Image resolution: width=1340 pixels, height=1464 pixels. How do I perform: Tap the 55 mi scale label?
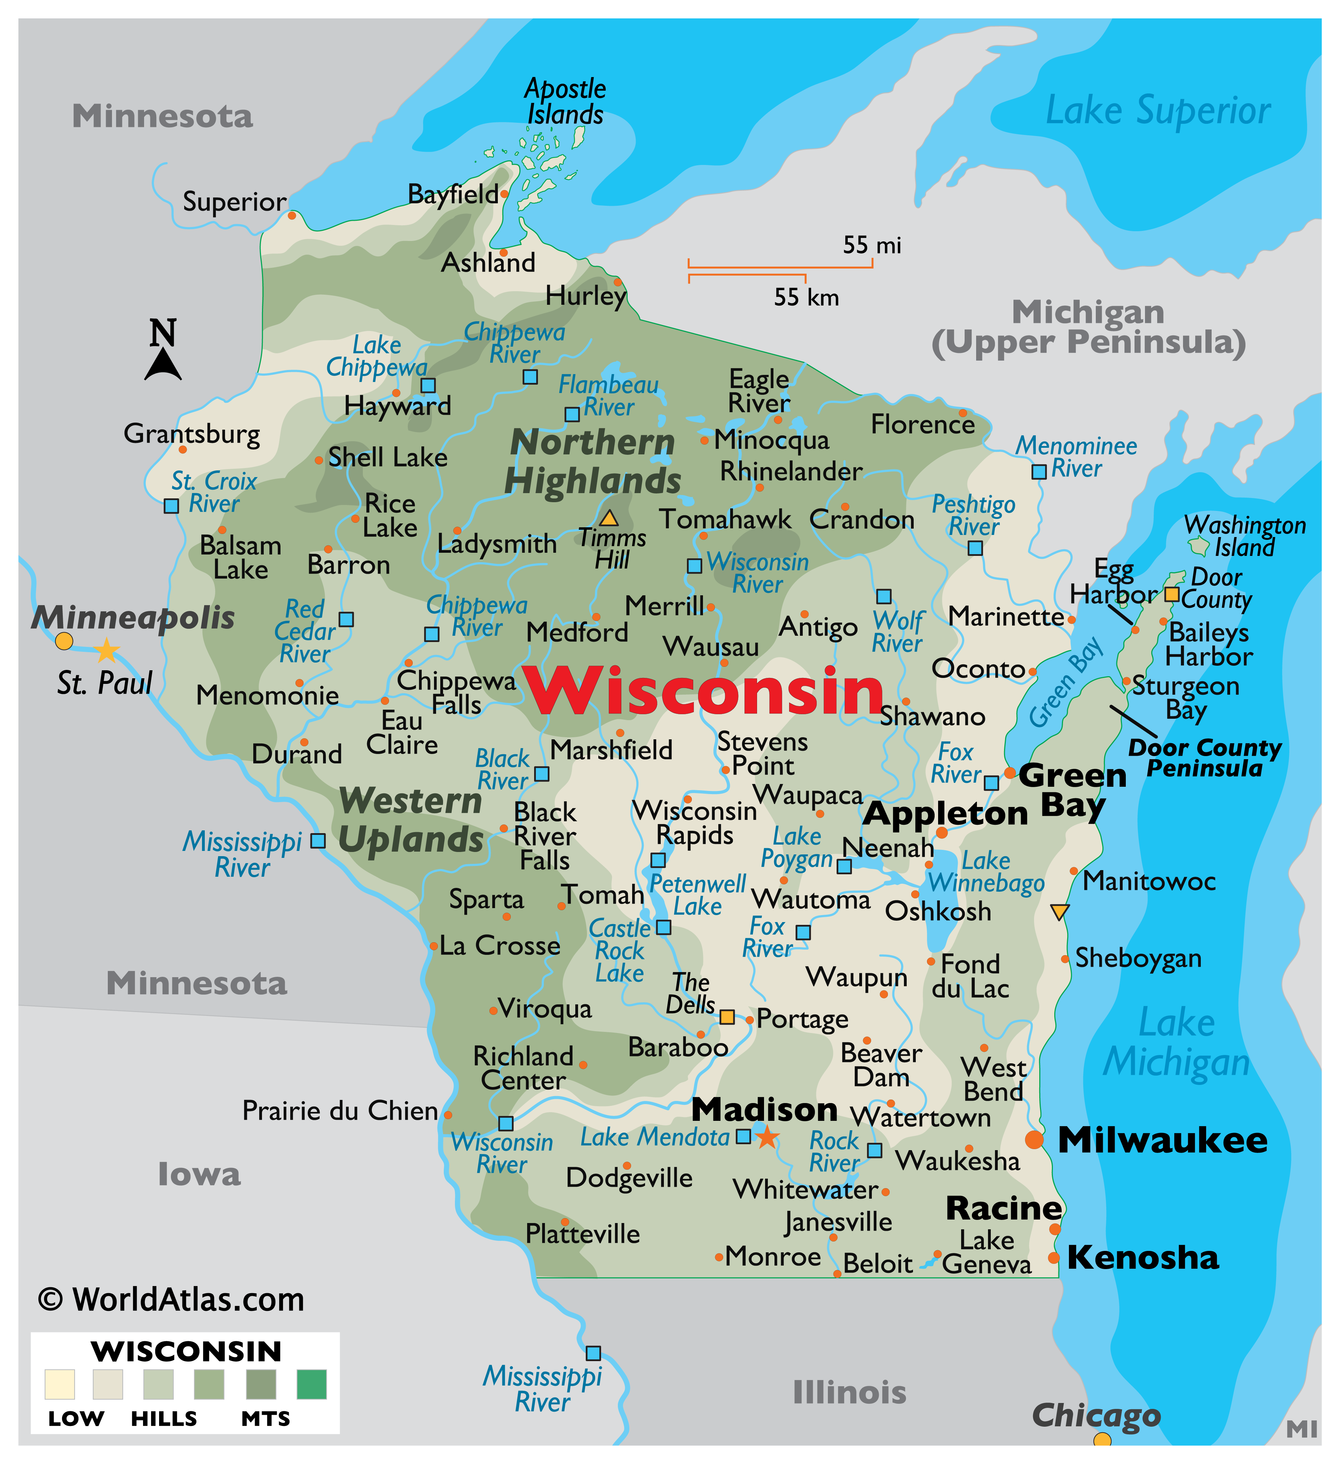(x=871, y=246)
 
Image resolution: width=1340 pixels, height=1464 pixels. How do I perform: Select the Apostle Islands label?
(x=565, y=102)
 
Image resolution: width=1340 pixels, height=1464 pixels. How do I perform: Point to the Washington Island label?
(x=1245, y=536)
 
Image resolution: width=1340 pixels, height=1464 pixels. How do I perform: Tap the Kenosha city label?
(x=1143, y=1257)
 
